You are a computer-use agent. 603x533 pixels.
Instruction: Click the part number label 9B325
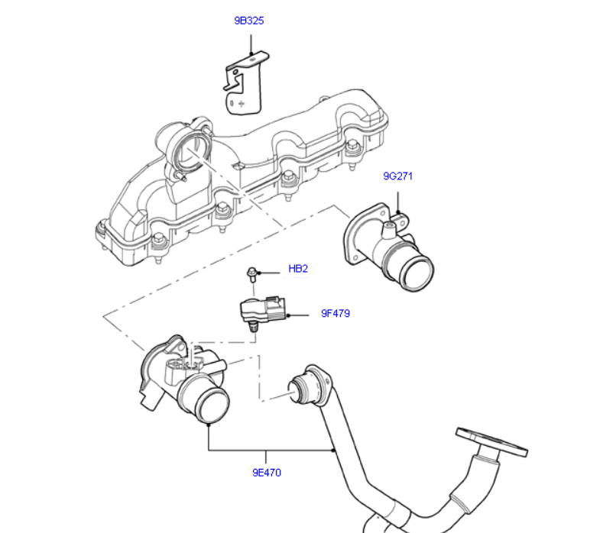click(x=248, y=21)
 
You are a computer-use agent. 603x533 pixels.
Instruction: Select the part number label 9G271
click(x=397, y=176)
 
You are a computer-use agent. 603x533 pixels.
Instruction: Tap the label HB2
click(x=297, y=269)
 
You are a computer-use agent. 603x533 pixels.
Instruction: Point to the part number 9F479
click(x=335, y=313)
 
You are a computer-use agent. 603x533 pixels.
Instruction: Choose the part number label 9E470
click(x=267, y=473)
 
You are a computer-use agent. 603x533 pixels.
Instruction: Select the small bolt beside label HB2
click(x=251, y=273)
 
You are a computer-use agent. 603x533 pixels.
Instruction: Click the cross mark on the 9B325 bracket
click(x=242, y=101)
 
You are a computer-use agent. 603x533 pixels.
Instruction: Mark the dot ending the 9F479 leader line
click(x=289, y=314)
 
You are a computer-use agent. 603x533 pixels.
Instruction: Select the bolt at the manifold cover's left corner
click(x=102, y=228)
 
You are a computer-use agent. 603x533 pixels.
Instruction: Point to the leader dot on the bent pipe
click(x=335, y=450)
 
